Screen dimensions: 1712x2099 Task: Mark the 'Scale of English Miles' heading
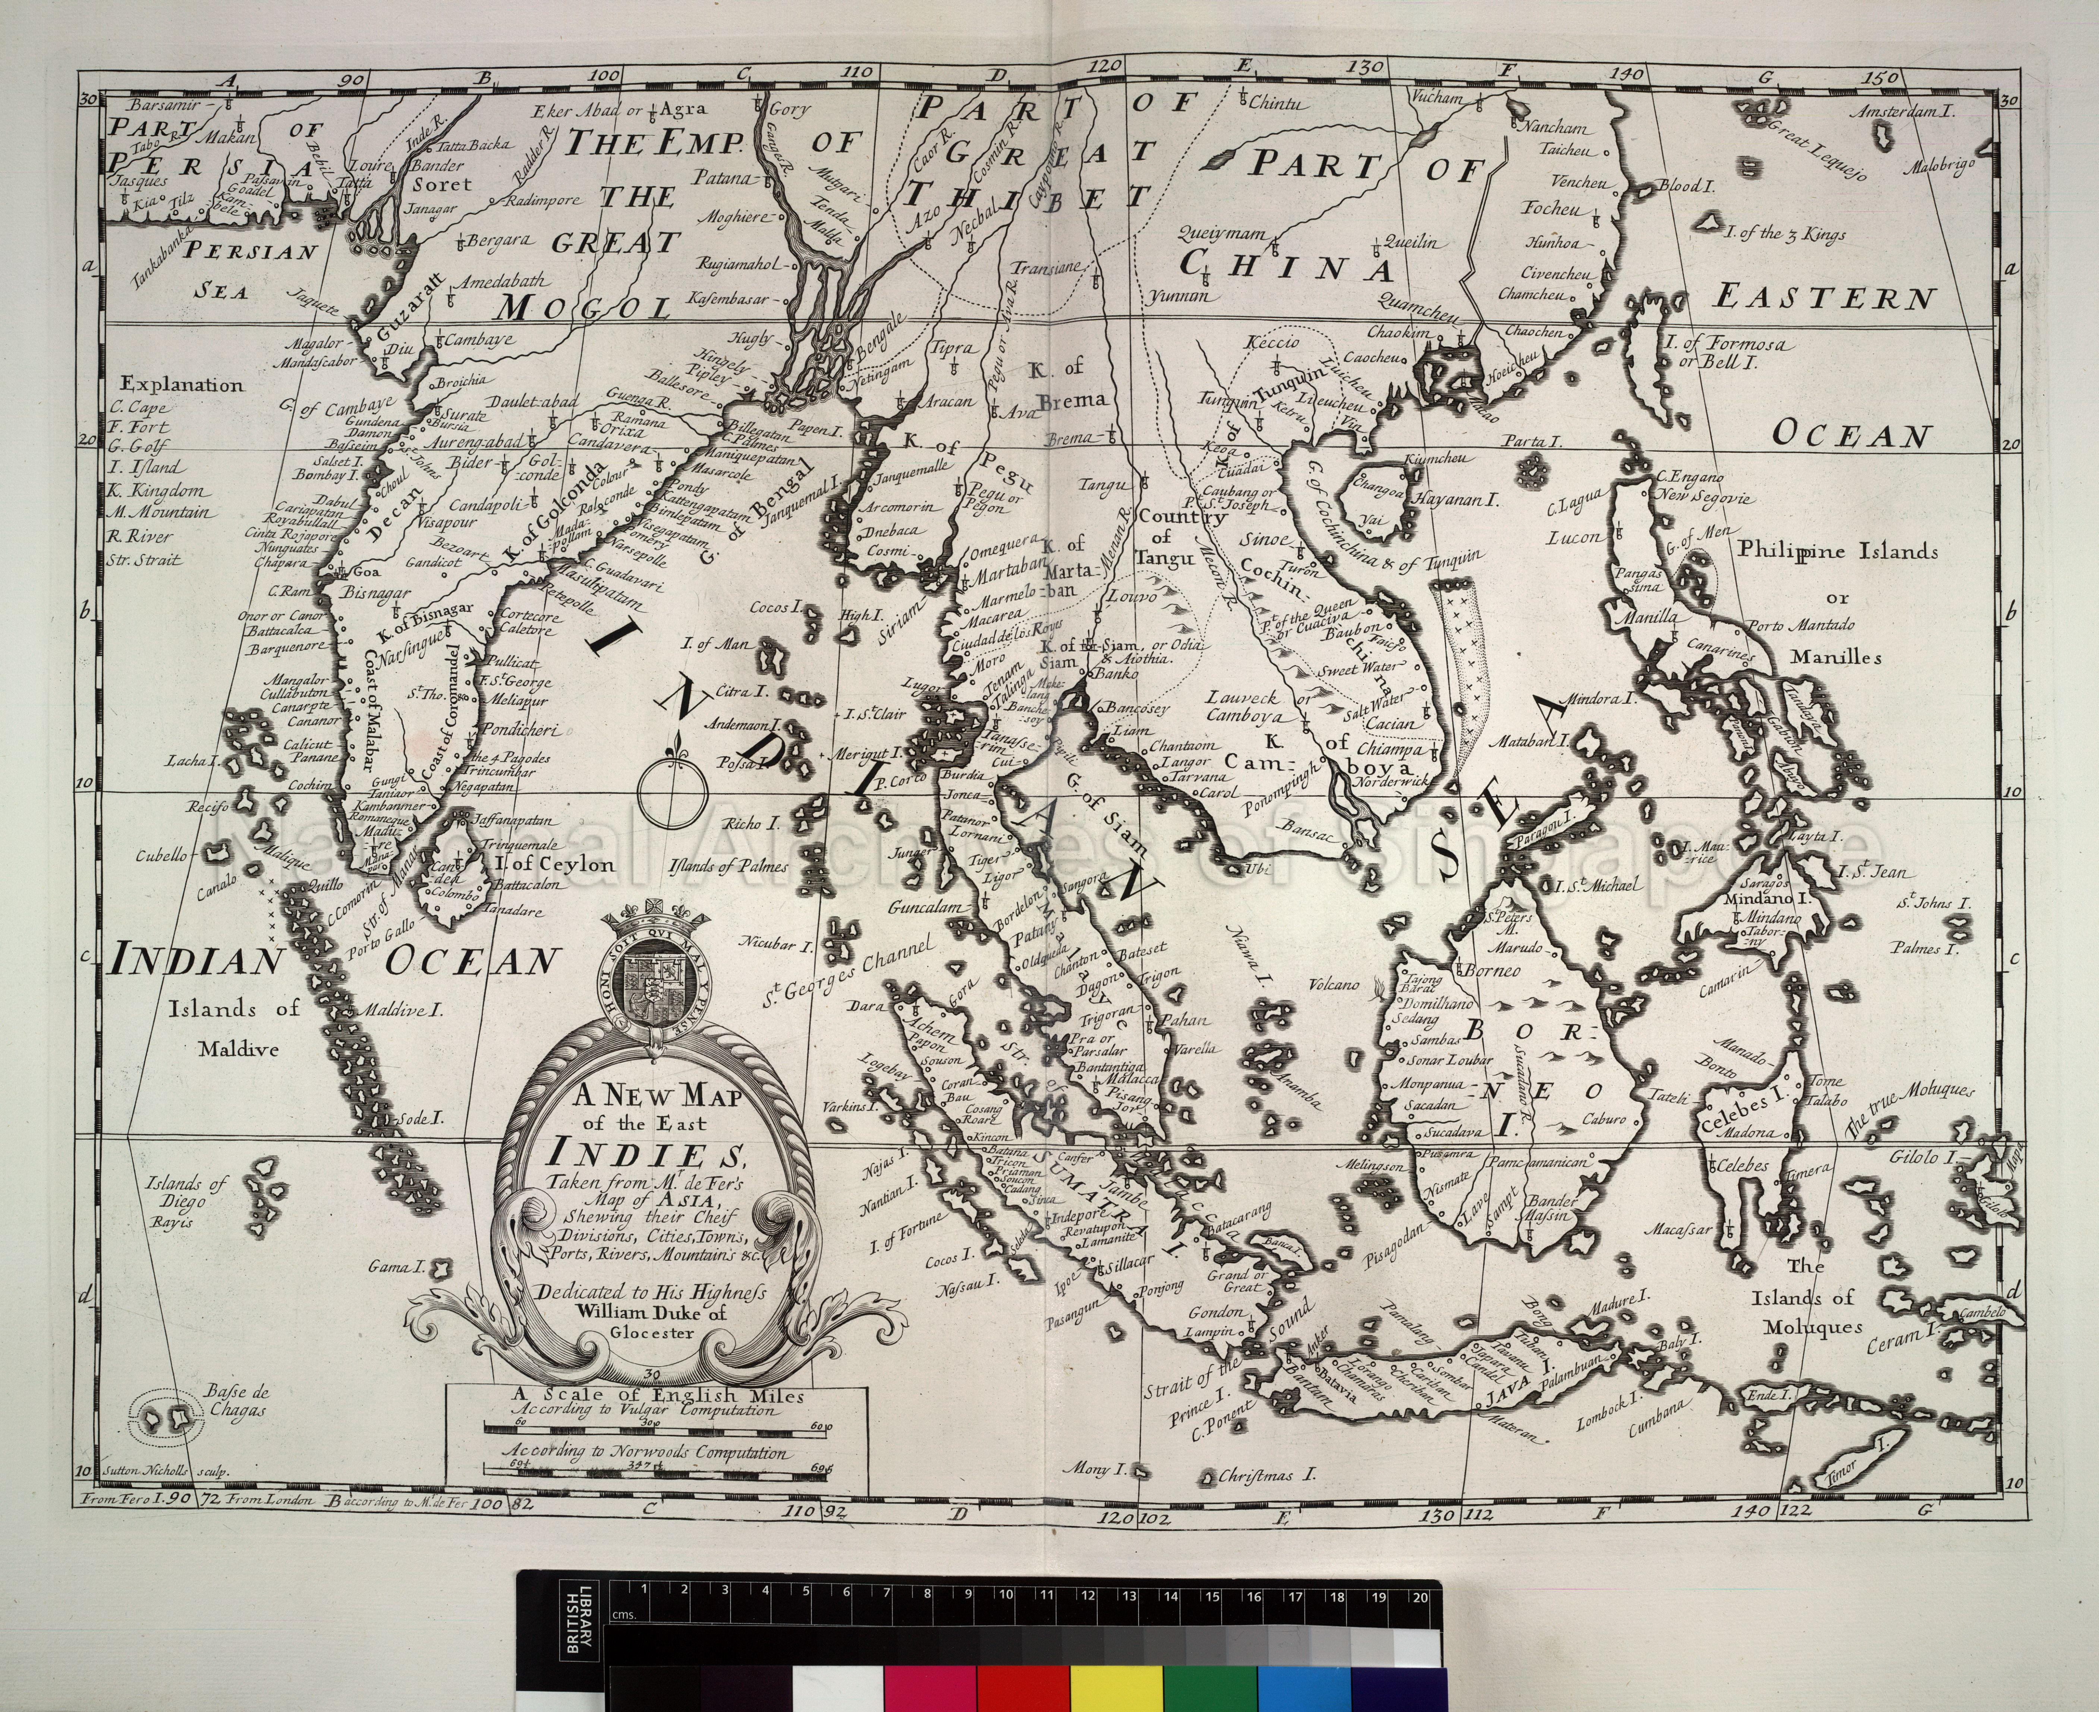pyautogui.click(x=658, y=1395)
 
